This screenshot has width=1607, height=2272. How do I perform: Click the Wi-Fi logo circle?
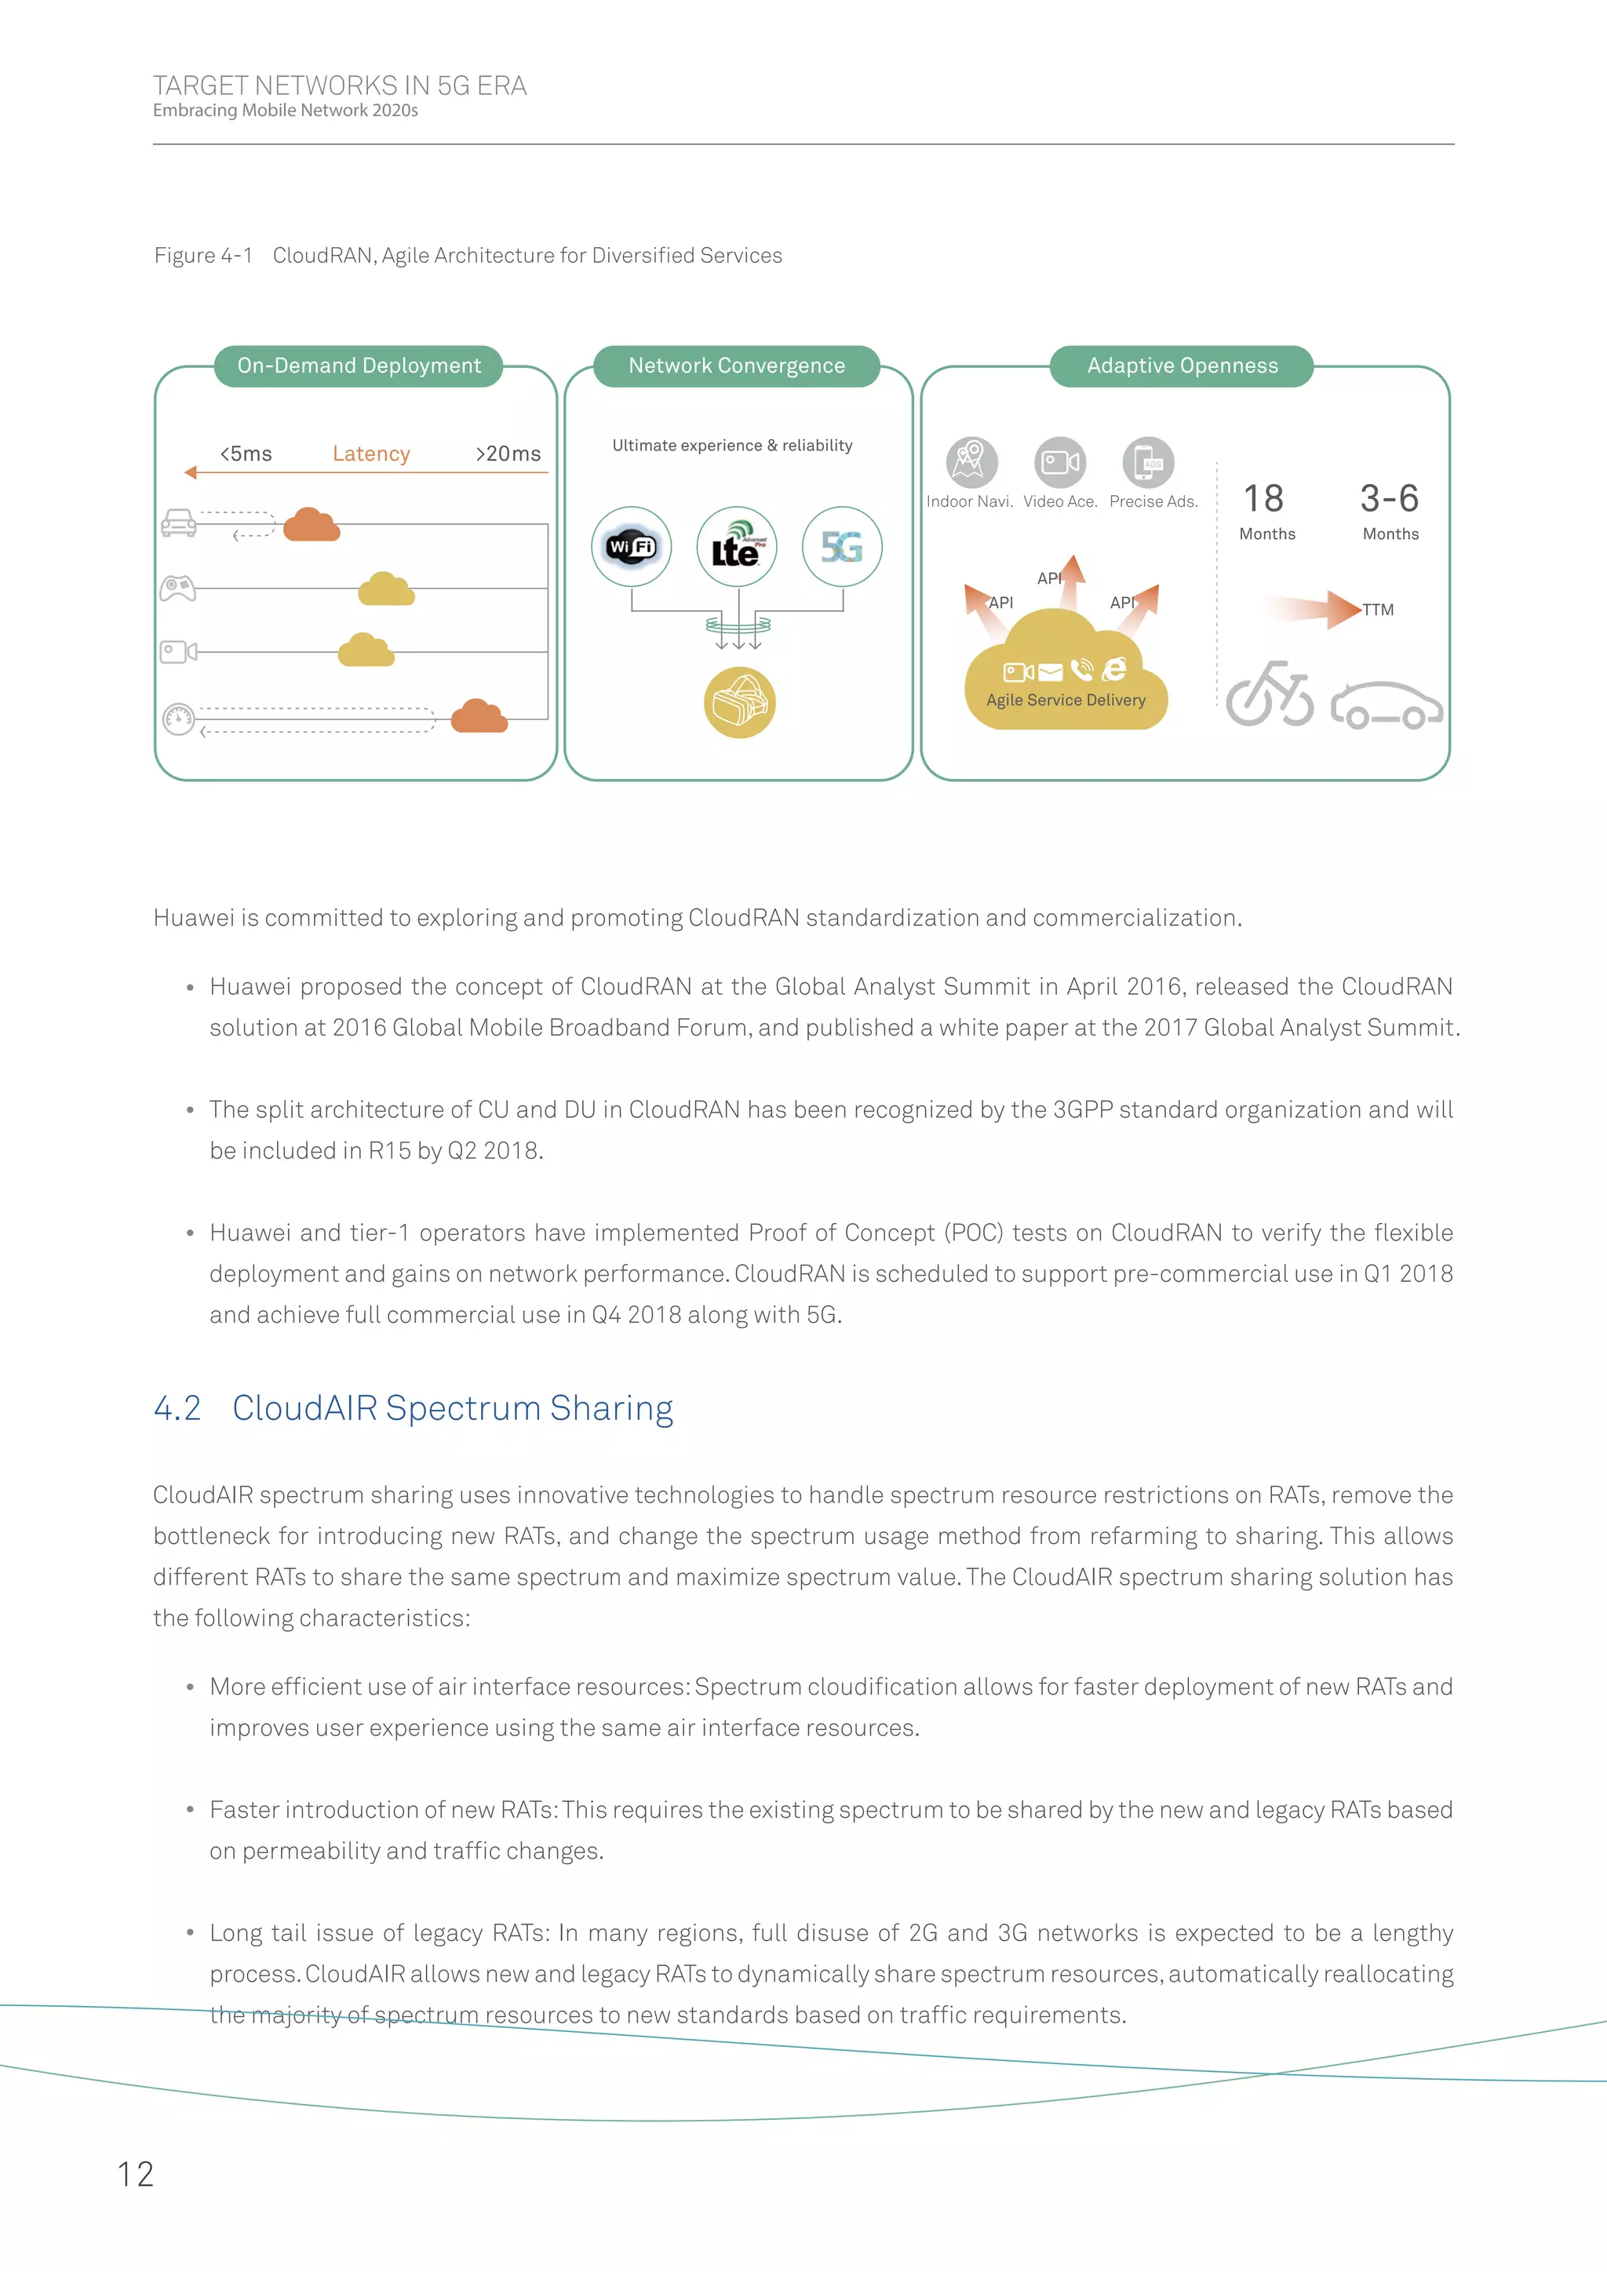pyautogui.click(x=632, y=546)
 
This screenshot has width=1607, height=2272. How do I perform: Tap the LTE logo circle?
pyautogui.click(x=738, y=546)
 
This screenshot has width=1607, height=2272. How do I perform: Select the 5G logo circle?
pyautogui.click(x=842, y=546)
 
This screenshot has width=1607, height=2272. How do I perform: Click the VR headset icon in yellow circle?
pyautogui.click(x=739, y=703)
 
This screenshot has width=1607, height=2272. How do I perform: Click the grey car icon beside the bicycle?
pyautogui.click(x=1387, y=705)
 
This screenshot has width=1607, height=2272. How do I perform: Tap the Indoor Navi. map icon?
pyautogui.click(x=971, y=461)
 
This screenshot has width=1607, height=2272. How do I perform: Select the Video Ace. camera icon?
pyautogui.click(x=1060, y=462)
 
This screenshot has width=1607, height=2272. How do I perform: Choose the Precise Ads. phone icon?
pyautogui.click(x=1148, y=462)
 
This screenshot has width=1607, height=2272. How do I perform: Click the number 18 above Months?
pyautogui.click(x=1263, y=499)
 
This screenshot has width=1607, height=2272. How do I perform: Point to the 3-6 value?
pyautogui.click(x=1390, y=499)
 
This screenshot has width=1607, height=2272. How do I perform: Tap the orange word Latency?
pyautogui.click(x=371, y=453)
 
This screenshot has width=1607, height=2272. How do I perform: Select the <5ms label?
pyautogui.click(x=246, y=453)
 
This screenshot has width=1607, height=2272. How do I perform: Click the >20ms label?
pyautogui.click(x=508, y=453)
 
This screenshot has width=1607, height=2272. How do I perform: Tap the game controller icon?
pyautogui.click(x=178, y=588)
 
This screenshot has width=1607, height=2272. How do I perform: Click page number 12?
pyautogui.click(x=136, y=2174)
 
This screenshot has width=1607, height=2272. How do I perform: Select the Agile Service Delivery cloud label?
pyautogui.click(x=1066, y=700)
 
